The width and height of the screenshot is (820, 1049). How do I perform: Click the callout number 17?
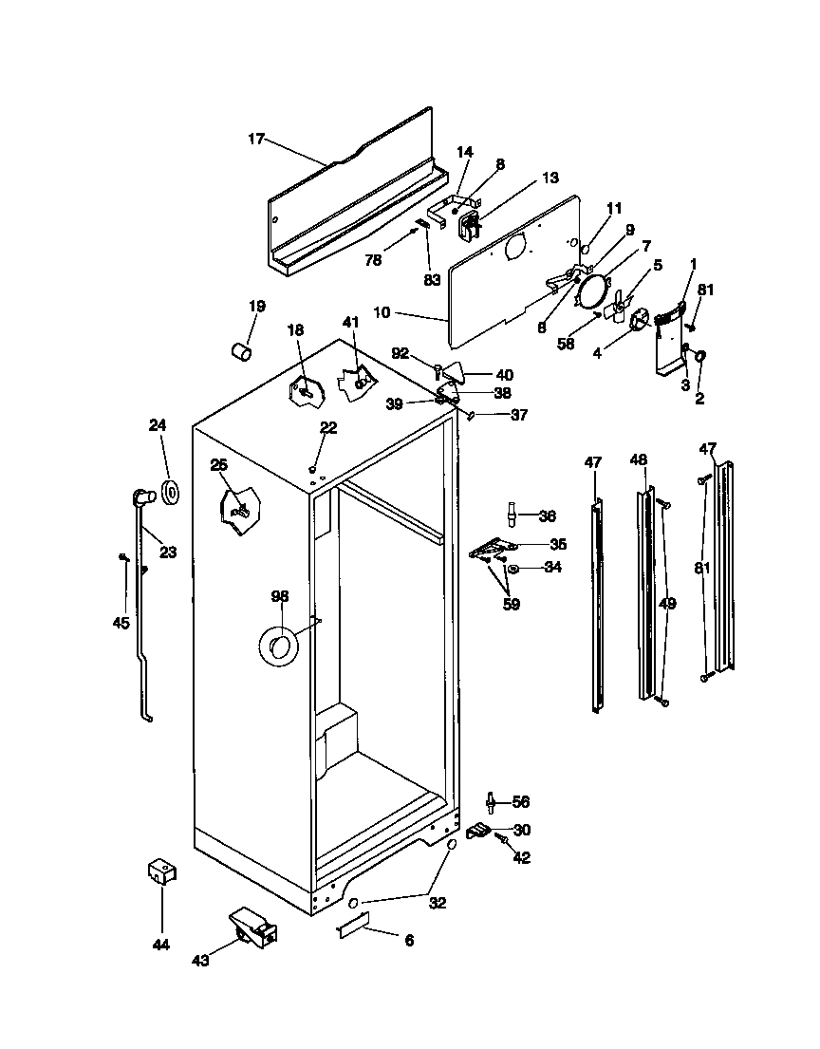coord(255,139)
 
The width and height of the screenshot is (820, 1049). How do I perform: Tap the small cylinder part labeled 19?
coord(241,352)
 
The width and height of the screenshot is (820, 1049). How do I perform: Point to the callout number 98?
coord(279,596)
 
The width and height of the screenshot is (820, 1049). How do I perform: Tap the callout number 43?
coord(200,961)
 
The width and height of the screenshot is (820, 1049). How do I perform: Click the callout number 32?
coord(437,903)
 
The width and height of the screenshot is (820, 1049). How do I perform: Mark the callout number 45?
coord(121,623)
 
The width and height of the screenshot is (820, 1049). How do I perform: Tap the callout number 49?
coord(667,604)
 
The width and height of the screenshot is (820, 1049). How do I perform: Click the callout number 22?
coord(327,428)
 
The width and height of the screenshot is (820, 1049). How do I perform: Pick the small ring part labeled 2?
coord(700,357)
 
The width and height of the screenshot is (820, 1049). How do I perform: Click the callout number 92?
coord(400,353)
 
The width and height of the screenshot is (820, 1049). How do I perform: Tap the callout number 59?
coord(512,603)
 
